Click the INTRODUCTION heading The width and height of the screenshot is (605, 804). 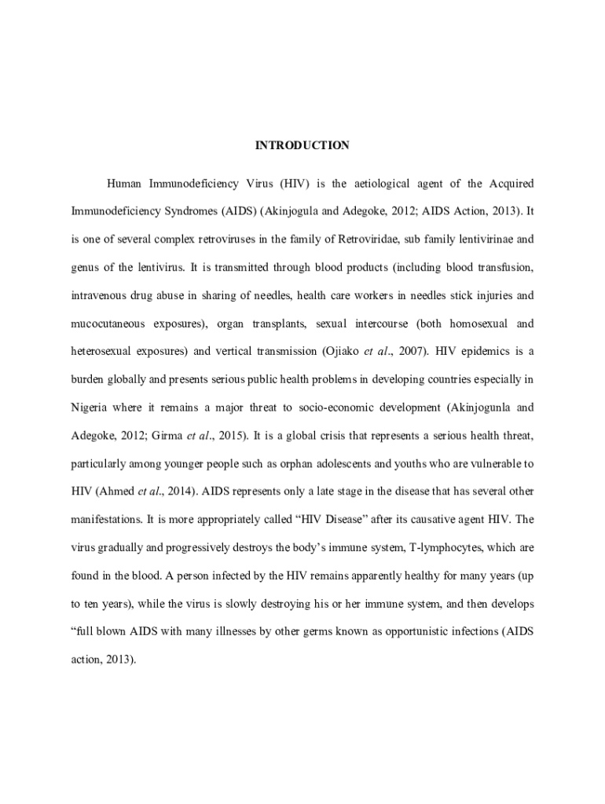[302, 145]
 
